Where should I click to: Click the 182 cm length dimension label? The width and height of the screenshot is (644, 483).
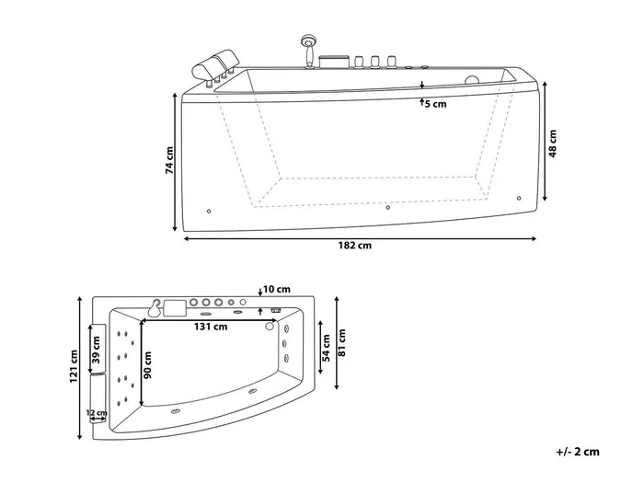pos(355,246)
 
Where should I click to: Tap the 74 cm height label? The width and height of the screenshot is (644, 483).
pos(169,160)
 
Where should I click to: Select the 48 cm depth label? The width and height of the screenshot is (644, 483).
pos(553,144)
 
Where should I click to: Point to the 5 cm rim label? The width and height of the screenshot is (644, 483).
pos(436,104)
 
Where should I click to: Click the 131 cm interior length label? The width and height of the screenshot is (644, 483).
pos(211,327)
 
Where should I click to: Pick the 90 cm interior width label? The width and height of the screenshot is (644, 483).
pos(148,364)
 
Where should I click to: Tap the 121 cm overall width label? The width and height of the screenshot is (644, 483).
pos(74,366)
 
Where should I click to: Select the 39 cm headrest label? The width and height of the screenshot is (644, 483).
pos(96,350)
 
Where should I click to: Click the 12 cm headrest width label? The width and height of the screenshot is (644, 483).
pos(97,412)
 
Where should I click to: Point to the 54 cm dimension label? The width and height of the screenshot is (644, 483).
pos(326,348)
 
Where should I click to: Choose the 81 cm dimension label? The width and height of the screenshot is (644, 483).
pos(341,342)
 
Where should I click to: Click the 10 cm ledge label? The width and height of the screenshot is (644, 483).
pos(277,289)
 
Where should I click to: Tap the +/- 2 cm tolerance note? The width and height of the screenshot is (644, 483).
pos(578,452)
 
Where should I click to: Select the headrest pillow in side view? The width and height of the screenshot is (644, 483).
pos(215,65)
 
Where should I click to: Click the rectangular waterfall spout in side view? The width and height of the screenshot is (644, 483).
pos(334,62)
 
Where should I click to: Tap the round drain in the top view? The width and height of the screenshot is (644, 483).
pos(270,326)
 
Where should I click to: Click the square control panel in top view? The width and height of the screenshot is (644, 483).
pos(175,308)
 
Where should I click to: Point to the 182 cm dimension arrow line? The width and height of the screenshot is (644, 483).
pos(360,238)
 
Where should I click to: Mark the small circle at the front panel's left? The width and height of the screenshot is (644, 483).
pos(209,211)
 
